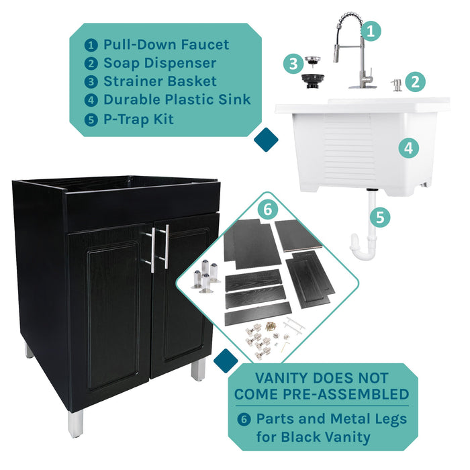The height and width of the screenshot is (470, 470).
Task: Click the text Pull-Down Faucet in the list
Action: [166, 45]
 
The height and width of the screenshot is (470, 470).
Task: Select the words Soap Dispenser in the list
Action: [159, 63]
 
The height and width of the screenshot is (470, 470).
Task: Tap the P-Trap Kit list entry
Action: [138, 119]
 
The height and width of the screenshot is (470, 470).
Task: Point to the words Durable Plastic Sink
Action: [177, 100]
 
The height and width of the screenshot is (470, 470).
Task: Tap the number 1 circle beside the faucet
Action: [371, 30]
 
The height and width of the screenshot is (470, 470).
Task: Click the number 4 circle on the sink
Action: [408, 148]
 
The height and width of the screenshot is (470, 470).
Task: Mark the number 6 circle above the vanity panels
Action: [267, 209]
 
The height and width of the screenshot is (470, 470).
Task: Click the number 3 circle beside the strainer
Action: [292, 64]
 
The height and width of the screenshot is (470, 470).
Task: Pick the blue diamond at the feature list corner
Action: [266, 140]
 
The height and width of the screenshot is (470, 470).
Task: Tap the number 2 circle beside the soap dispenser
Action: [416, 82]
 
